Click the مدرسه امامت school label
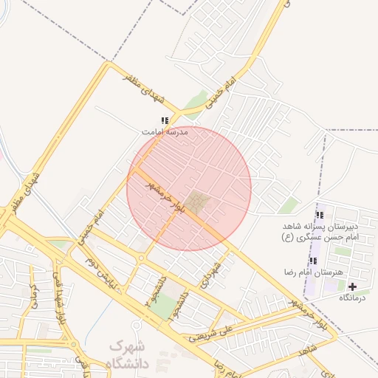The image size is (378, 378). (165, 131)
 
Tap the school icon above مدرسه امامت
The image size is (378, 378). (165, 120)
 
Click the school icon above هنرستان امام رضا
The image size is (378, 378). (313, 261)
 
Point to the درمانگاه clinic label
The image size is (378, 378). (352, 298)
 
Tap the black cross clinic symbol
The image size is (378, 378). (352, 286)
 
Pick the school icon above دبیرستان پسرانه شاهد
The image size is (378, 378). (320, 216)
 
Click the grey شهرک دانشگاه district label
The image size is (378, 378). (128, 354)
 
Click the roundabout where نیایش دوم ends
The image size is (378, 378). (140, 258)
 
